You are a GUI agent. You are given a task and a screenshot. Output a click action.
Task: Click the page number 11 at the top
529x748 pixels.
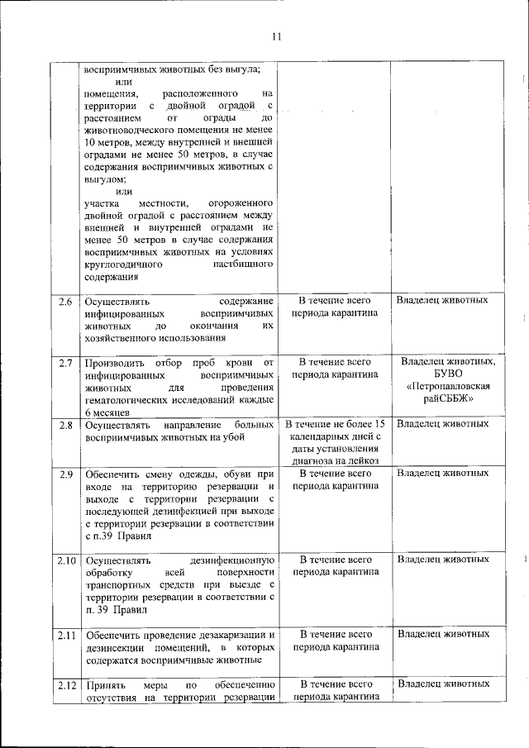pyautogui.click(x=276, y=36)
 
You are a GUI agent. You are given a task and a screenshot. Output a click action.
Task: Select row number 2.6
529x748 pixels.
pyautogui.click(x=66, y=301)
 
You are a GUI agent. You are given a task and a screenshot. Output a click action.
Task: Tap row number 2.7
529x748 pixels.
pyautogui.click(x=66, y=363)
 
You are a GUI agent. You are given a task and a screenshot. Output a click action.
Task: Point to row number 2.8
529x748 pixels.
pyautogui.click(x=66, y=425)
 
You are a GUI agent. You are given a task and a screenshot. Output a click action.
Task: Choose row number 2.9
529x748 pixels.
pyautogui.click(x=66, y=474)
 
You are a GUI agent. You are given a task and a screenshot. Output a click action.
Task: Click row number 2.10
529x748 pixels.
pyautogui.click(x=66, y=560)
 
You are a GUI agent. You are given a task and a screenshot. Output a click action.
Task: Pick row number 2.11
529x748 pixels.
pyautogui.click(x=66, y=634)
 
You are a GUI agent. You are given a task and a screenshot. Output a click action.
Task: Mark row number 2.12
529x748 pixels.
pyautogui.click(x=66, y=684)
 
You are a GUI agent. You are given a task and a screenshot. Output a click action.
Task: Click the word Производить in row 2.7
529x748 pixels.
pyautogui.click(x=114, y=363)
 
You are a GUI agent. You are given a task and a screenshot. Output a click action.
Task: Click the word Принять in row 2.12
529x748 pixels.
pyautogui.click(x=105, y=684)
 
